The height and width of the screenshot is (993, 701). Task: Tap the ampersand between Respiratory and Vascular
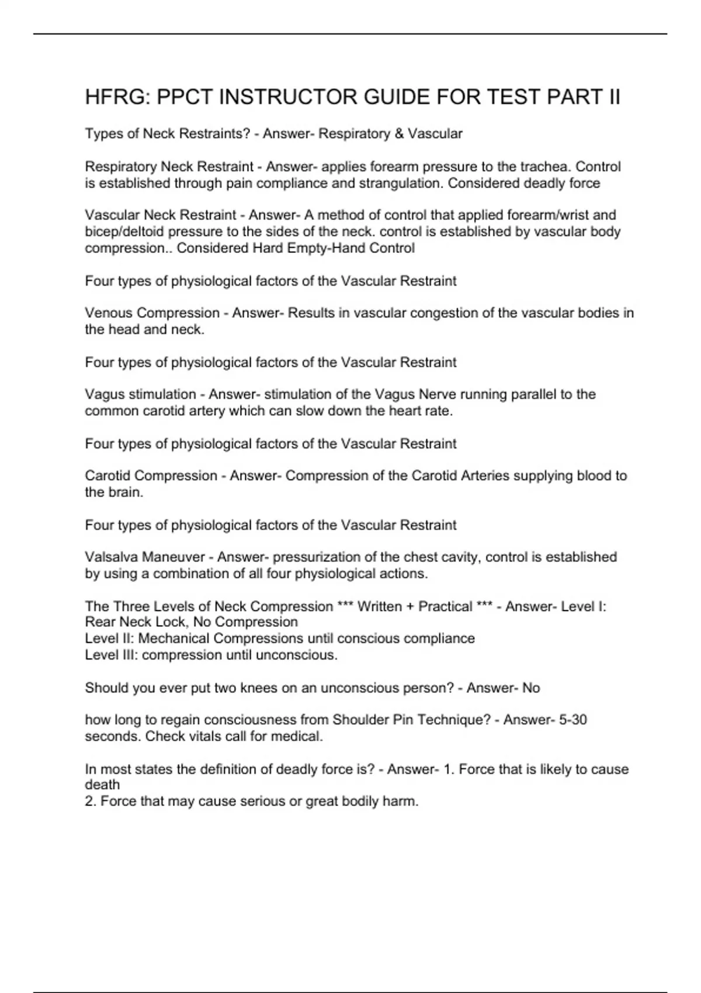point(399,134)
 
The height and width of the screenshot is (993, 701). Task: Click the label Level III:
point(111,655)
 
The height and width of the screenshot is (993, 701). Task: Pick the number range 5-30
point(572,720)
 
